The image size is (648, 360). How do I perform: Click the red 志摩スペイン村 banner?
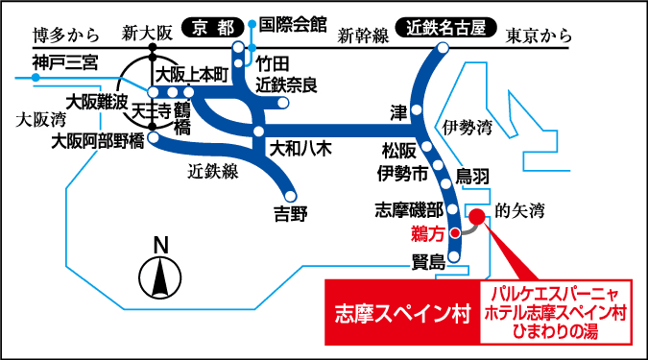400,313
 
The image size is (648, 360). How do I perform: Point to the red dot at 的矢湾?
475,218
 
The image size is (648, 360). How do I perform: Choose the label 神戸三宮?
64,64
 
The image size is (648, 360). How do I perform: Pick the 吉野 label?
291,213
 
